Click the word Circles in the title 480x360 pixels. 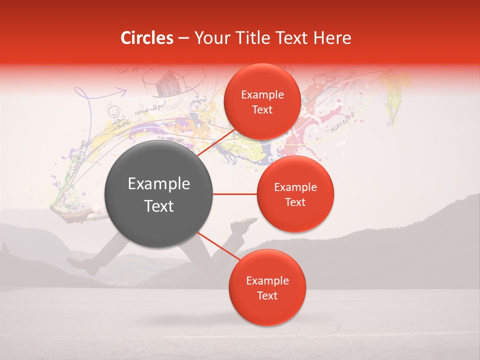point(147,38)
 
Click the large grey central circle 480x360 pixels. point(158,194)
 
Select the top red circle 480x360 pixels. point(262,101)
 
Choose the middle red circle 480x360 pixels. point(295,194)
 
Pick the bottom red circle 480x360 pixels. point(267,287)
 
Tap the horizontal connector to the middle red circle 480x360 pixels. point(235,194)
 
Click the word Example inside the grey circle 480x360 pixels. point(159,184)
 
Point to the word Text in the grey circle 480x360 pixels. point(159,206)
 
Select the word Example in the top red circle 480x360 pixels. point(262,94)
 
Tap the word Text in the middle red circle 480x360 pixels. point(295,202)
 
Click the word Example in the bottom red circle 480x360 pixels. point(267,280)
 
